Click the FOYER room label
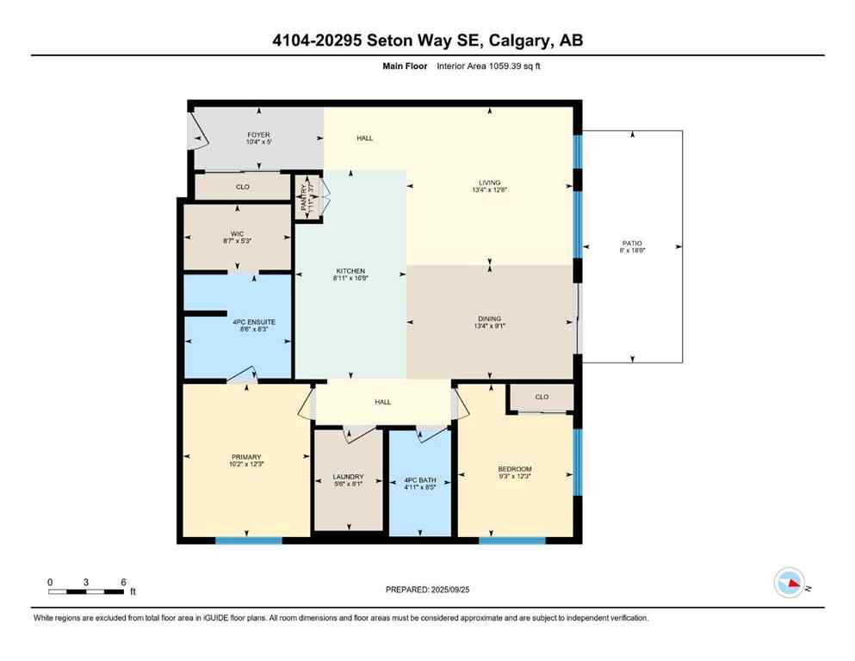(258, 135)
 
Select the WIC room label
(237, 232)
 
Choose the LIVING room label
(489, 182)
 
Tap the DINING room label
(489, 318)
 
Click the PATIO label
(633, 243)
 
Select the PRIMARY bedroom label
(245, 457)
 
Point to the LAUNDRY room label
(348, 477)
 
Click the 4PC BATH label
(419, 479)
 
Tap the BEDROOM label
(515, 469)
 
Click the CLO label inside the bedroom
(542, 397)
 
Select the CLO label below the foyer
(243, 186)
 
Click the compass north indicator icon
(789, 584)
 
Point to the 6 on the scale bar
(123, 582)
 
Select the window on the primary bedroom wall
(248, 541)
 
